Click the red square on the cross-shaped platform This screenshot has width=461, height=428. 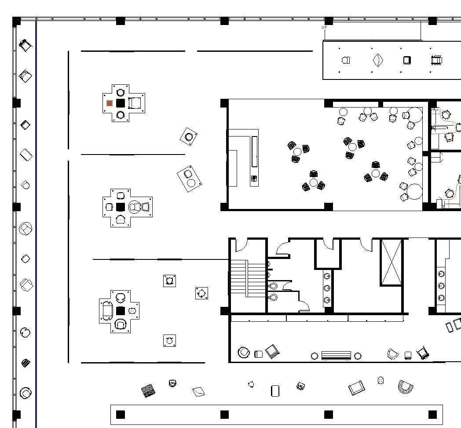(x=110, y=103)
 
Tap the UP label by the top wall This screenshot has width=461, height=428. (x=324, y=27)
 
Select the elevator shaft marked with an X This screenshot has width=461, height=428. (x=391, y=262)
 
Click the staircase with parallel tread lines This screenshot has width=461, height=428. (x=248, y=278)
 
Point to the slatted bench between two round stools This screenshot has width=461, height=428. (x=336, y=356)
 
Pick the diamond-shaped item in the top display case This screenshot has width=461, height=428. (x=378, y=61)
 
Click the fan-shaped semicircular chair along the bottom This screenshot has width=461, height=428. (x=406, y=387)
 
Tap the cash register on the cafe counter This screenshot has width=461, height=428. (x=254, y=179)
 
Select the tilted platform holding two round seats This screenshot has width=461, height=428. (x=189, y=179)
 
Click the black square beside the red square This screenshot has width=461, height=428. (x=120, y=103)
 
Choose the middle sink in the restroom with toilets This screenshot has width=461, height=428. (x=327, y=288)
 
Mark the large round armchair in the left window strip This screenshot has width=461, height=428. (x=26, y=229)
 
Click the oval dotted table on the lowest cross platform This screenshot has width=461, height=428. (x=132, y=310)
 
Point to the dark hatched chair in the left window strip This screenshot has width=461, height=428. (x=26, y=363)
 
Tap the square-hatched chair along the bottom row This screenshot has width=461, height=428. (x=148, y=390)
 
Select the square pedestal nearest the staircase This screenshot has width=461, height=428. (x=201, y=293)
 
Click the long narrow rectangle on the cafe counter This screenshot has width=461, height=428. (x=255, y=151)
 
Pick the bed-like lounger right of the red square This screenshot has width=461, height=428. (x=134, y=103)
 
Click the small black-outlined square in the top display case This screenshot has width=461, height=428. (x=407, y=61)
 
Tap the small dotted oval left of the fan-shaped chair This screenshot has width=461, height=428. (x=381, y=381)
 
